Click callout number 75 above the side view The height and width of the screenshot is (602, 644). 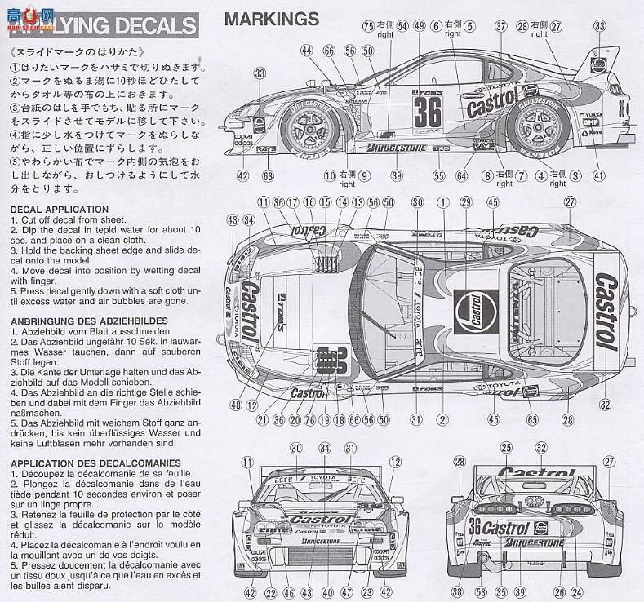pyautogui.click(x=369, y=26)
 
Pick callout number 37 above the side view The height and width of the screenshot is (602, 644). pyautogui.click(x=500, y=26)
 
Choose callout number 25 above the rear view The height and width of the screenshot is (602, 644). pyautogui.click(x=505, y=448)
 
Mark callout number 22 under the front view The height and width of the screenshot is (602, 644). pyautogui.click(x=270, y=593)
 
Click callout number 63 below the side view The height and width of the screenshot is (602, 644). pyautogui.click(x=267, y=175)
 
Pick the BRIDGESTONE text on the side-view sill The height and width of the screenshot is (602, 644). pyautogui.click(x=397, y=148)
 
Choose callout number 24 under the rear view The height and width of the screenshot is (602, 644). pyautogui.click(x=580, y=593)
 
